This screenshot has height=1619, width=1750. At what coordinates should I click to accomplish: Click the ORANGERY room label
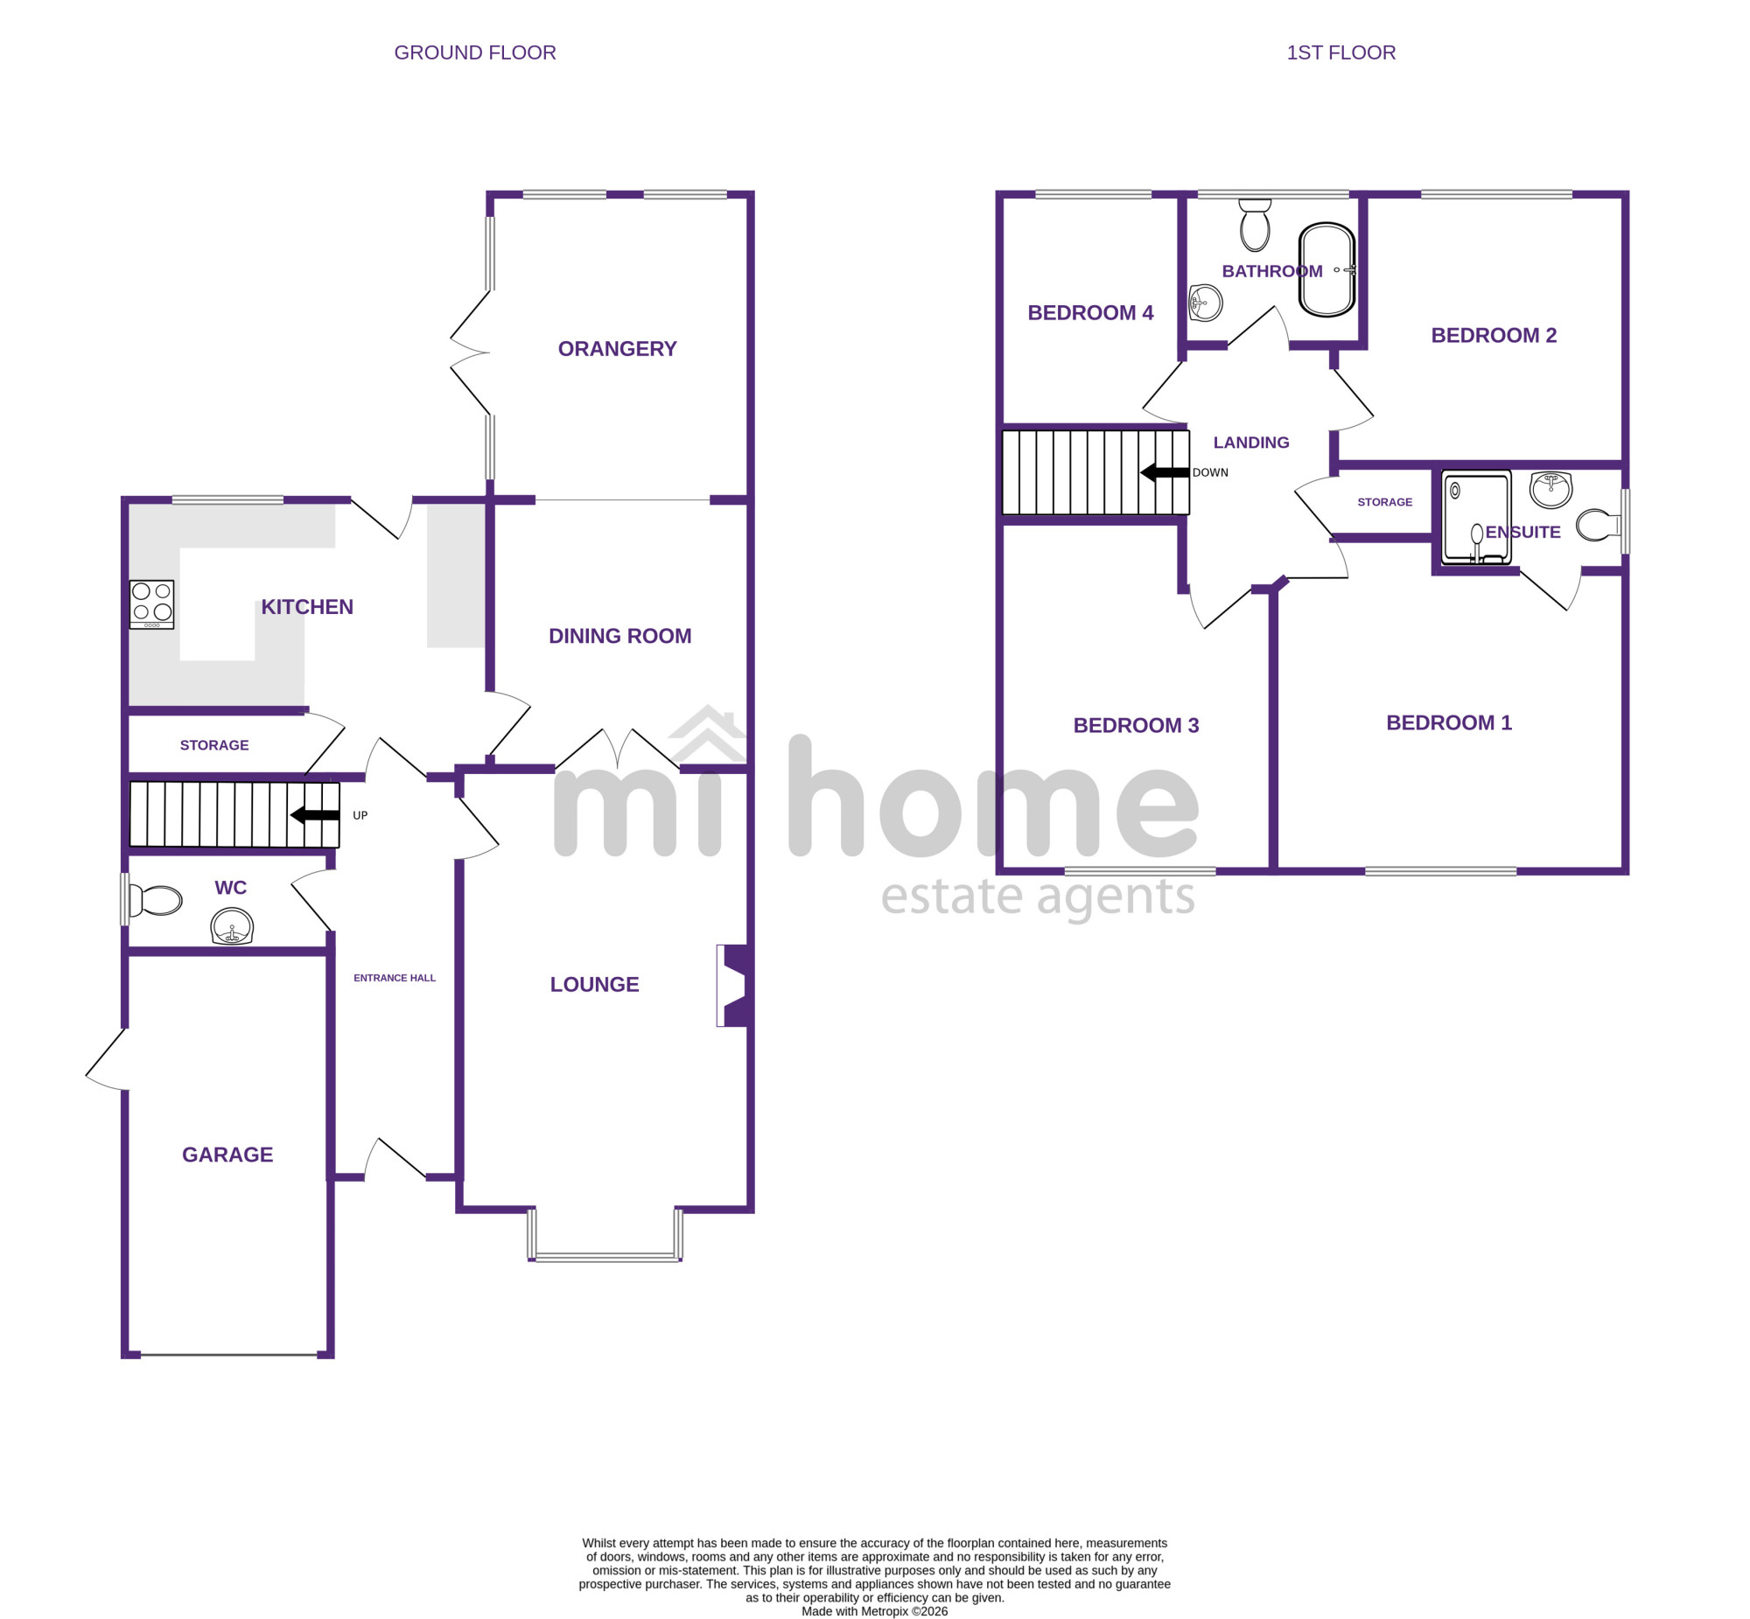pyautogui.click(x=617, y=349)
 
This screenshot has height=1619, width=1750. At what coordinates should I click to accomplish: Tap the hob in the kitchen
pyautogui.click(x=151, y=604)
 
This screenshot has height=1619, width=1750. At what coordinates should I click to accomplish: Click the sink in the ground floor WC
pyautogui.click(x=232, y=927)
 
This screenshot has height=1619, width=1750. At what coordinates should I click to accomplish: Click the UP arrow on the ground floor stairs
pyautogui.click(x=315, y=815)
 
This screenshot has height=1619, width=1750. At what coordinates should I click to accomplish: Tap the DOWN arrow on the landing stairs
pyautogui.click(x=1165, y=472)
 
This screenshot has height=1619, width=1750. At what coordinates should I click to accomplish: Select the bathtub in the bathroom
pyautogui.click(x=1326, y=269)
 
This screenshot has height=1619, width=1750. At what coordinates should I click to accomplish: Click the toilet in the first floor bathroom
pyautogui.click(x=1255, y=225)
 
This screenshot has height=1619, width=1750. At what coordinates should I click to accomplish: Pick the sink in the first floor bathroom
pyautogui.click(x=1206, y=304)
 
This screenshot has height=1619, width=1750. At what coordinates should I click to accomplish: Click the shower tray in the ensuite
pyautogui.click(x=1477, y=517)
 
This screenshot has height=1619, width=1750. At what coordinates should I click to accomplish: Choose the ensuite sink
pyautogui.click(x=1550, y=489)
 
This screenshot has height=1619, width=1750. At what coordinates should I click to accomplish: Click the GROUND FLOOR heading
pyautogui.click(x=475, y=52)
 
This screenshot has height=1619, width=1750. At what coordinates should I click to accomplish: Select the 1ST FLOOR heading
pyautogui.click(x=1340, y=52)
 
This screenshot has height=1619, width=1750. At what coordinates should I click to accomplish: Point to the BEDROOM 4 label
pyautogui.click(x=1090, y=313)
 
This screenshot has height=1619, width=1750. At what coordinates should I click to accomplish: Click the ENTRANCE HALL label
pyautogui.click(x=395, y=978)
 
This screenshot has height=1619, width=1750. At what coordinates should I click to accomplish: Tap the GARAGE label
pyautogui.click(x=227, y=1155)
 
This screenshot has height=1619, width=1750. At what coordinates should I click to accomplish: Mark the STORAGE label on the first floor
pyautogui.click(x=1384, y=502)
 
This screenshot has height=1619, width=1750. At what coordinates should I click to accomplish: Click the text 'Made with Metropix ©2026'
pyautogui.click(x=874, y=1611)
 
